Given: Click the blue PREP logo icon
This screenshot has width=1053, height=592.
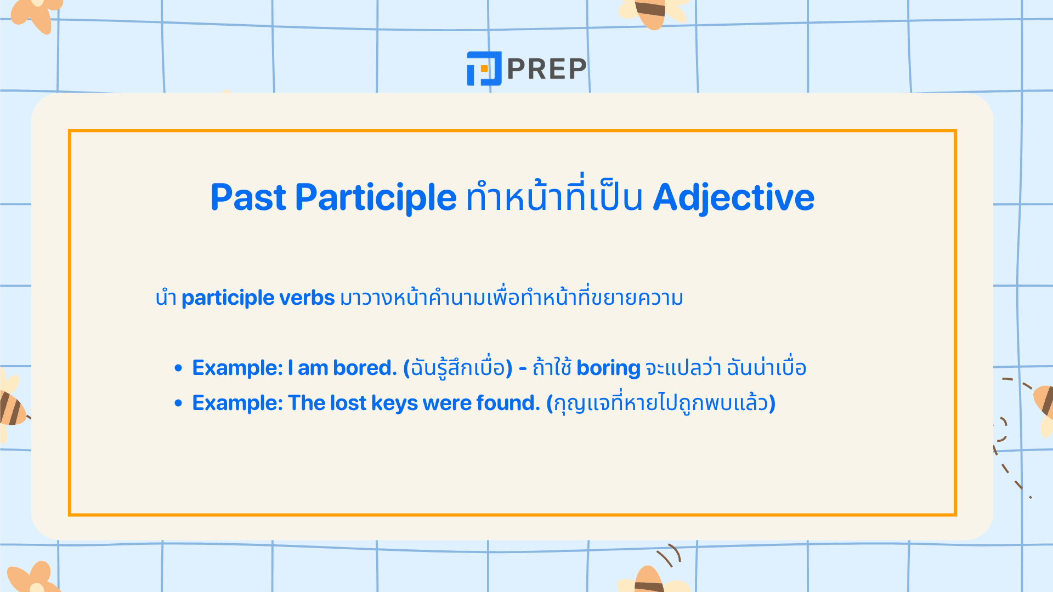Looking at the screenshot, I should (484, 69).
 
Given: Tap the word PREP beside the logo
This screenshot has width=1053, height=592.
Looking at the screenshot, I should (547, 69).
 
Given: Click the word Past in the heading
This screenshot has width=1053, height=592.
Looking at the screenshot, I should (248, 197).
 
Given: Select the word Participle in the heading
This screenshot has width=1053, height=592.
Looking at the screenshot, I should (376, 197).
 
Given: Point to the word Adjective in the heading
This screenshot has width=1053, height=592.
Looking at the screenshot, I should (733, 197).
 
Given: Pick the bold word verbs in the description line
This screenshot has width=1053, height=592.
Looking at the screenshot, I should (307, 298).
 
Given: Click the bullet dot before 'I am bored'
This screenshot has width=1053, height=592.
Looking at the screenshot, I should (178, 368).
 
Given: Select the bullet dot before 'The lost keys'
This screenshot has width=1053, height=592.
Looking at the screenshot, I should (178, 403).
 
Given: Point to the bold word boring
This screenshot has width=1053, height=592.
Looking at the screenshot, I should (608, 368).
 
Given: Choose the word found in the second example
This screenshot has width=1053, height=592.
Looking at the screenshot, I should (508, 403).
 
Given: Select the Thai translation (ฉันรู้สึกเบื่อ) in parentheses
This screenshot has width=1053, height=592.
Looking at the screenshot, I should (457, 368).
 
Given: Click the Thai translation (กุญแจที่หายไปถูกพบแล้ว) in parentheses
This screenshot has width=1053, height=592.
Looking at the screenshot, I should (660, 403).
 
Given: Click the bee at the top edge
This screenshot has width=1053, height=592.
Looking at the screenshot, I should (652, 12).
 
